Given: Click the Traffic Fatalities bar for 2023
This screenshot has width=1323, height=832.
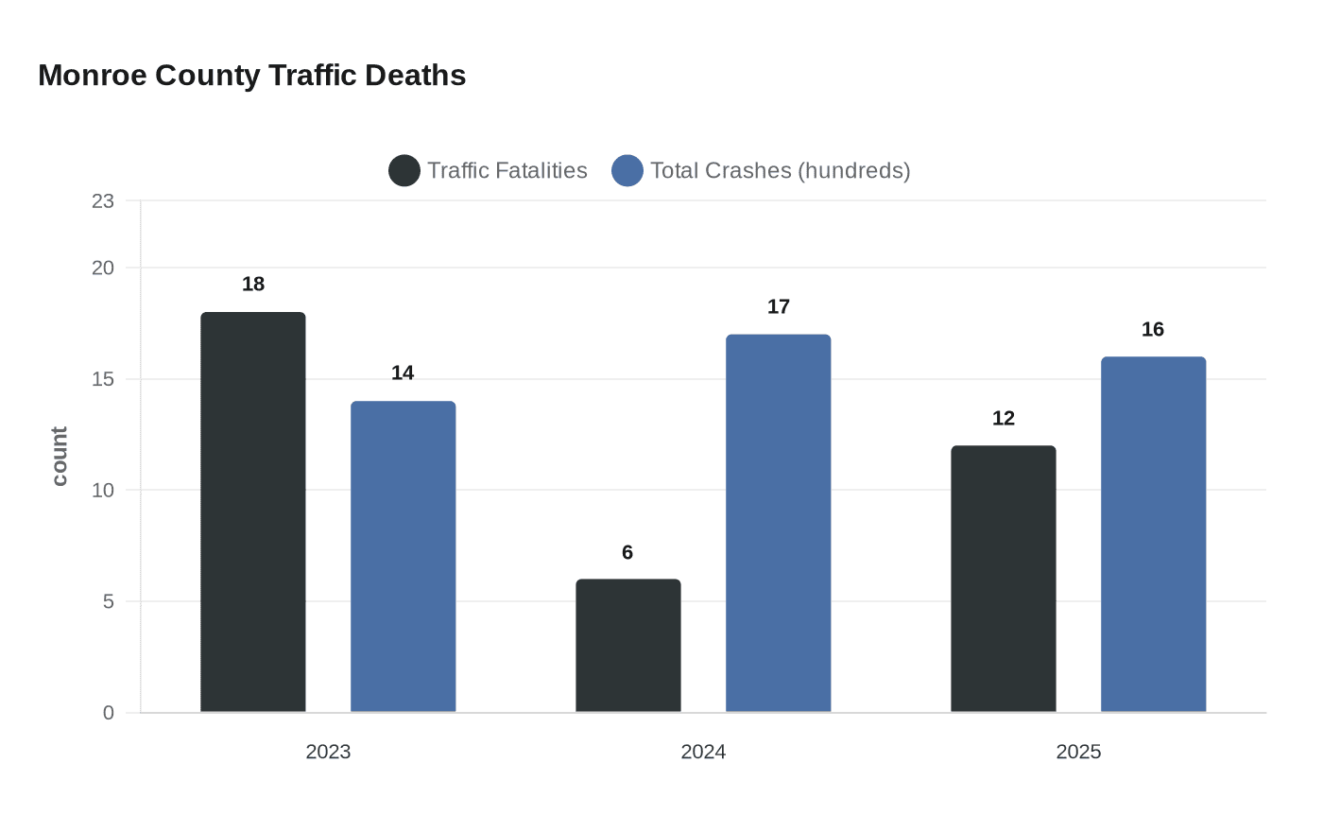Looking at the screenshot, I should point(252,511).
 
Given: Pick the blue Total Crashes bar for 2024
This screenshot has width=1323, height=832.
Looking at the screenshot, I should point(778,523).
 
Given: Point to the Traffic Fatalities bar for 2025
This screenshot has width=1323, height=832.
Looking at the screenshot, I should point(1003,579).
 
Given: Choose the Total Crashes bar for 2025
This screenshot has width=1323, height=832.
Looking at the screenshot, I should point(1153,534).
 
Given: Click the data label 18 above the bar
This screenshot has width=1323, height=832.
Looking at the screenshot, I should point(252,285).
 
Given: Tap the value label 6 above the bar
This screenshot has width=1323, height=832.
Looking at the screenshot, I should point(627,553).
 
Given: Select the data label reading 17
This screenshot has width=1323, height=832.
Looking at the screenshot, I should point(778,307).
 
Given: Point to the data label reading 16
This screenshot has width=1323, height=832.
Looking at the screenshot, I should point(1152,330).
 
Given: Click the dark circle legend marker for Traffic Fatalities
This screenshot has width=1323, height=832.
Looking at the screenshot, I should point(404,171).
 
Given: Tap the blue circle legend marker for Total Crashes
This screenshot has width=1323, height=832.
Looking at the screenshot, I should point(627,171).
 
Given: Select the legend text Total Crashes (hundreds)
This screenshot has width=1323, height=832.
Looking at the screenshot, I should point(780,171).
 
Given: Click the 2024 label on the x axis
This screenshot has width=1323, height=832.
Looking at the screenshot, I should point(703,752).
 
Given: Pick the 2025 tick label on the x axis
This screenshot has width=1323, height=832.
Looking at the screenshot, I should point(1078,752).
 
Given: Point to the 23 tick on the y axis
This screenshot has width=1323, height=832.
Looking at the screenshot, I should point(103,201).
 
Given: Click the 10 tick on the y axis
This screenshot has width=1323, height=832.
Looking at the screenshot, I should point(103,491).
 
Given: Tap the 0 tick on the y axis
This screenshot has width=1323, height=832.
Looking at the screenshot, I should point(109,713).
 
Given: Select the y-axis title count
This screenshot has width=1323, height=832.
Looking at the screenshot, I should point(60,457).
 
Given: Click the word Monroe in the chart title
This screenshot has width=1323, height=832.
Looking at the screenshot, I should point(93,76).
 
